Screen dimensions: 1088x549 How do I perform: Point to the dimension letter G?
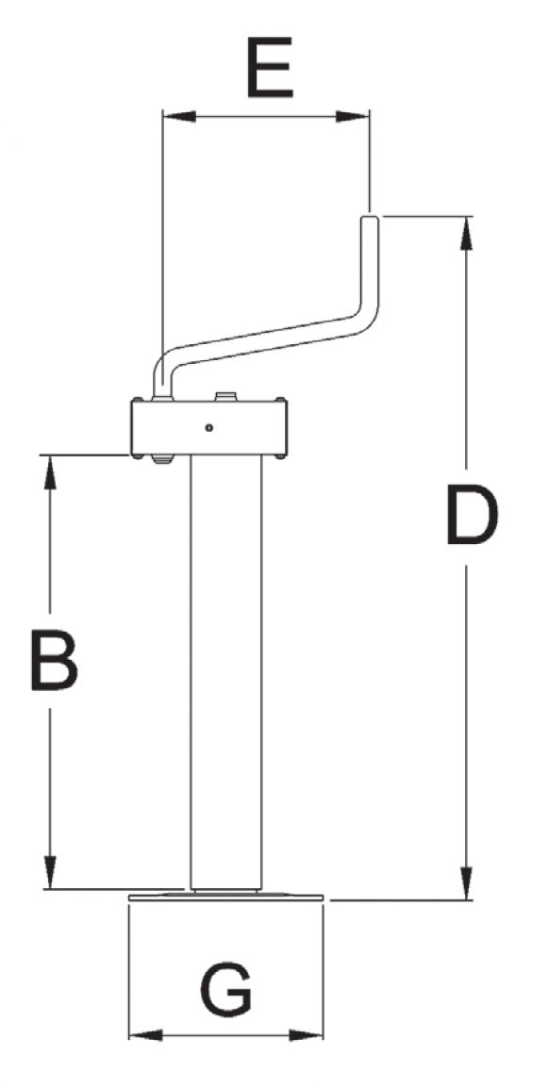(x=226, y=989)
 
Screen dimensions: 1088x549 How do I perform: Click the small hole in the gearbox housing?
(x=208, y=428)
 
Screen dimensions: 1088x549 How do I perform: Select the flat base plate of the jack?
(x=226, y=897)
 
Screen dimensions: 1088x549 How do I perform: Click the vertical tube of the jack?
(x=225, y=669)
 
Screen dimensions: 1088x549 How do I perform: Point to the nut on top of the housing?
(x=225, y=397)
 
